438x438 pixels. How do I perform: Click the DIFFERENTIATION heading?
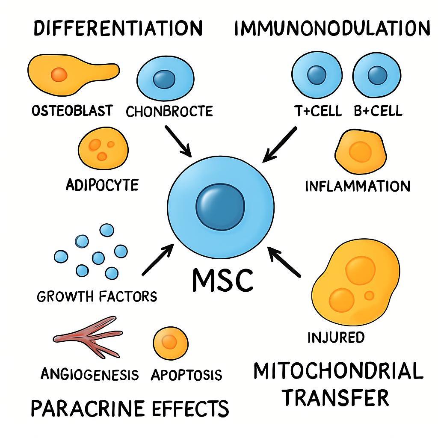coord(118,28)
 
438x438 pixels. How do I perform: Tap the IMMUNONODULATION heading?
coord(332,28)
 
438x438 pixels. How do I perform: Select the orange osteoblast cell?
coord(71,74)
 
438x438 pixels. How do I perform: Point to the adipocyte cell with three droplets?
coord(103,148)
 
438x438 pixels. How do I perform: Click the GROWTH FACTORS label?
coord(97,296)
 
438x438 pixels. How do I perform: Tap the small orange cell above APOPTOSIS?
coord(170,341)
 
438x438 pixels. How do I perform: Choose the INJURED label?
coord(336,337)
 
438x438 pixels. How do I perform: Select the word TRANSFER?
coord(336,397)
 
